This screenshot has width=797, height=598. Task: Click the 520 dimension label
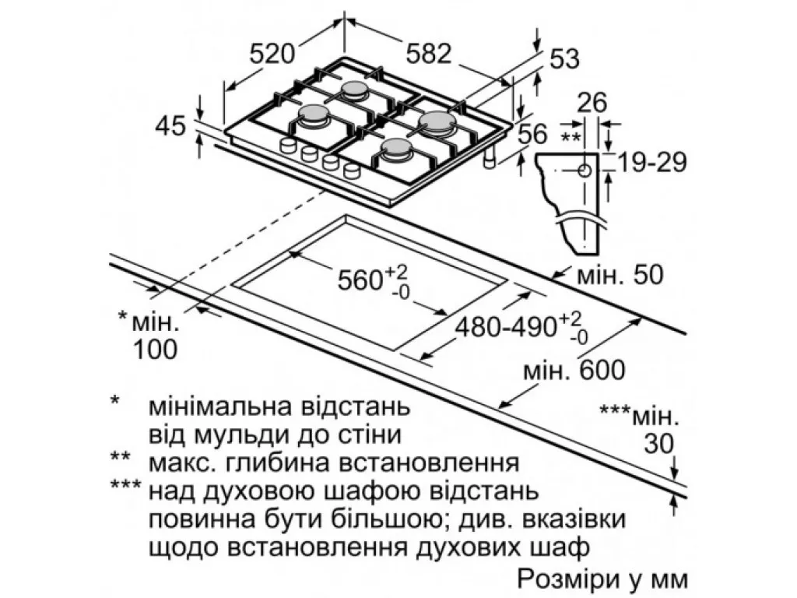click(272, 53)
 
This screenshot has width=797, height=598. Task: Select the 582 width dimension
click(429, 53)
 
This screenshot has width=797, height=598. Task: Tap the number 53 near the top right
click(565, 59)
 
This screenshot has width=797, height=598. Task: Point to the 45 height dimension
click(170, 125)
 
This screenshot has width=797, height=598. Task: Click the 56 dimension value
click(532, 135)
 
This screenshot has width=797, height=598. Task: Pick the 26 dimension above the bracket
click(592, 103)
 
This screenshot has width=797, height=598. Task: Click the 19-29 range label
click(652, 162)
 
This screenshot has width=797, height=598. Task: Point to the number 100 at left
click(155, 350)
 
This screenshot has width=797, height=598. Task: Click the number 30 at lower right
click(658, 444)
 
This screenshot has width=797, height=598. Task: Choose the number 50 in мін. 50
click(648, 275)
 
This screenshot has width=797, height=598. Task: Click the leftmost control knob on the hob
click(288, 146)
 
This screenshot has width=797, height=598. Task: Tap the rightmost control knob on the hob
click(351, 170)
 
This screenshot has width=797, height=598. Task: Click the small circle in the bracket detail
click(585, 171)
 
